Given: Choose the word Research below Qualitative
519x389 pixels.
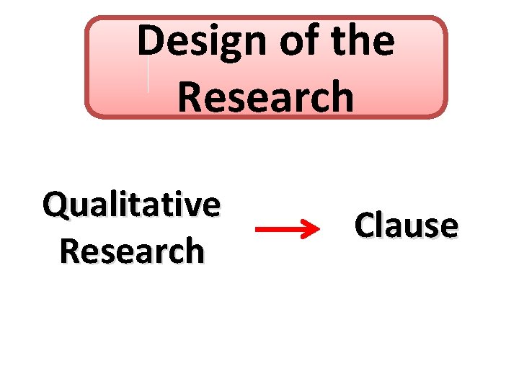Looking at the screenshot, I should click(x=132, y=251).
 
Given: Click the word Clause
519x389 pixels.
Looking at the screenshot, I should click(x=406, y=225).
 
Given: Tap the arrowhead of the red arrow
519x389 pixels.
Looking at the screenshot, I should click(x=311, y=230).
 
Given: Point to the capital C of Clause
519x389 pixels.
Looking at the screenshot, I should click(x=365, y=225).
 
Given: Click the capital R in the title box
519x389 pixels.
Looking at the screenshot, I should click(x=190, y=97).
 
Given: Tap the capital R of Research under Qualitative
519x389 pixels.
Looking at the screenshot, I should click(x=71, y=251).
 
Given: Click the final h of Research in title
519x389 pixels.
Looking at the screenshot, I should click(x=342, y=97).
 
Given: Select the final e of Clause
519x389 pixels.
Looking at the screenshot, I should click(x=448, y=226).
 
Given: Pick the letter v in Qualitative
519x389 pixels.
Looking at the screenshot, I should click(x=191, y=206).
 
